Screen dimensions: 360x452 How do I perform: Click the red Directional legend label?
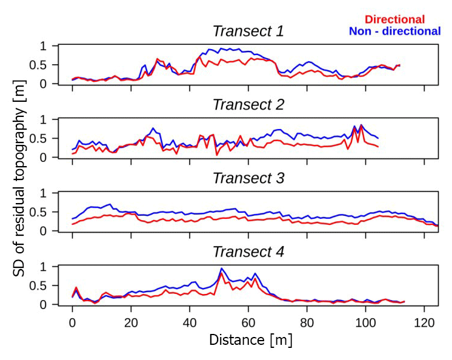coord(394,19)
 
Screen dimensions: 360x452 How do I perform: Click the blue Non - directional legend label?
coord(394,31)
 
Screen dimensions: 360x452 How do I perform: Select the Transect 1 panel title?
coord(248,31)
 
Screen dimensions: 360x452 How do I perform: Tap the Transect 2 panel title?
coord(248,104)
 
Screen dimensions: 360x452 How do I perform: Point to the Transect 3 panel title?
coord(248,178)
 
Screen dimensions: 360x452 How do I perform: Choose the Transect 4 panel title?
coord(248,252)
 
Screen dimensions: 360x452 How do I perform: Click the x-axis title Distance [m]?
coord(250,340)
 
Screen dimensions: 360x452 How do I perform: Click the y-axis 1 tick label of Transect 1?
coord(43,47)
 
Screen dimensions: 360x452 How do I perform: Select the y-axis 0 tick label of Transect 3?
coord(43,231)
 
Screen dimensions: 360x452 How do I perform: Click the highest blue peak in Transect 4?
coord(222,268)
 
